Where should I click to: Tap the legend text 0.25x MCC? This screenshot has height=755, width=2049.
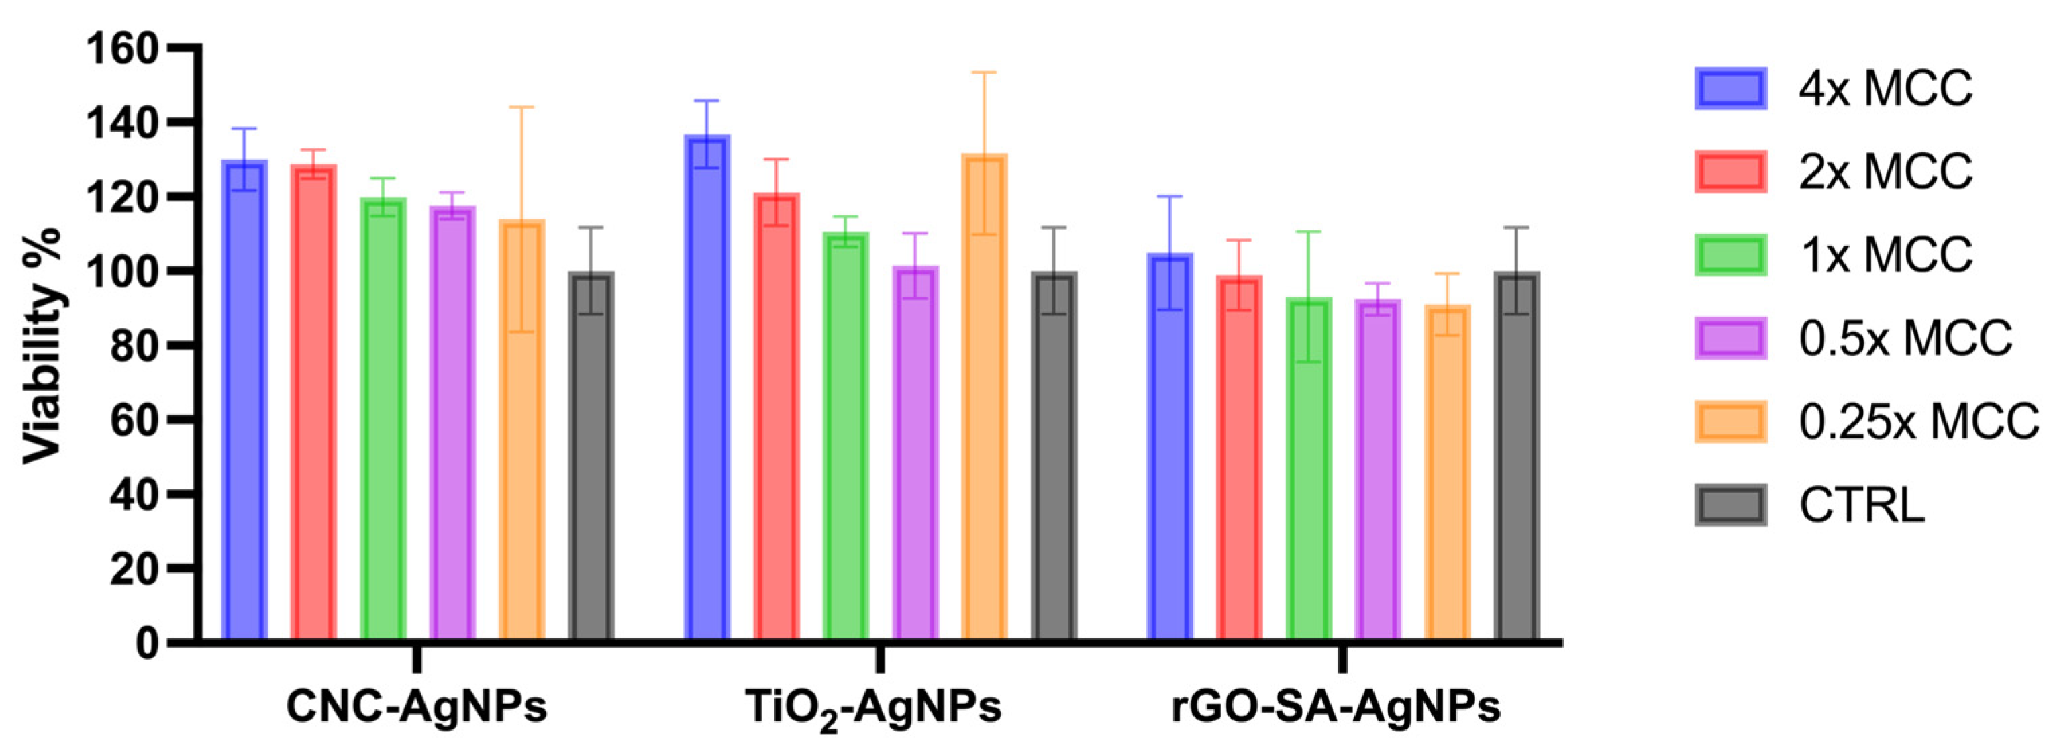click(x=1916, y=422)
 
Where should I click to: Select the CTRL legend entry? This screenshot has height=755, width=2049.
click(x=1860, y=505)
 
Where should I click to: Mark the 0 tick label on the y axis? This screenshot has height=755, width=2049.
click(x=146, y=643)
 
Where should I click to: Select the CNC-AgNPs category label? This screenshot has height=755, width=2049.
click(x=417, y=707)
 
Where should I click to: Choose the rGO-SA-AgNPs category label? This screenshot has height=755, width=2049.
click(x=1336, y=707)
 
